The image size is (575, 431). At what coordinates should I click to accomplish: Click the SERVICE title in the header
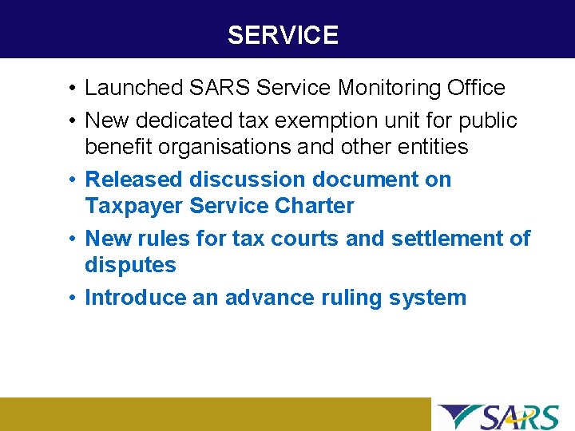283,35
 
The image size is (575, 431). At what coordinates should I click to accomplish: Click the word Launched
133,88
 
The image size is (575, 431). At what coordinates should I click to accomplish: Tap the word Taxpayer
133,206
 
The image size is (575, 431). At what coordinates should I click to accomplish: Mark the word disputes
130,265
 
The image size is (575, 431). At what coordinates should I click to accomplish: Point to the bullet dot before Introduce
72,299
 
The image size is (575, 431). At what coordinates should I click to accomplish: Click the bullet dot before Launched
72,89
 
